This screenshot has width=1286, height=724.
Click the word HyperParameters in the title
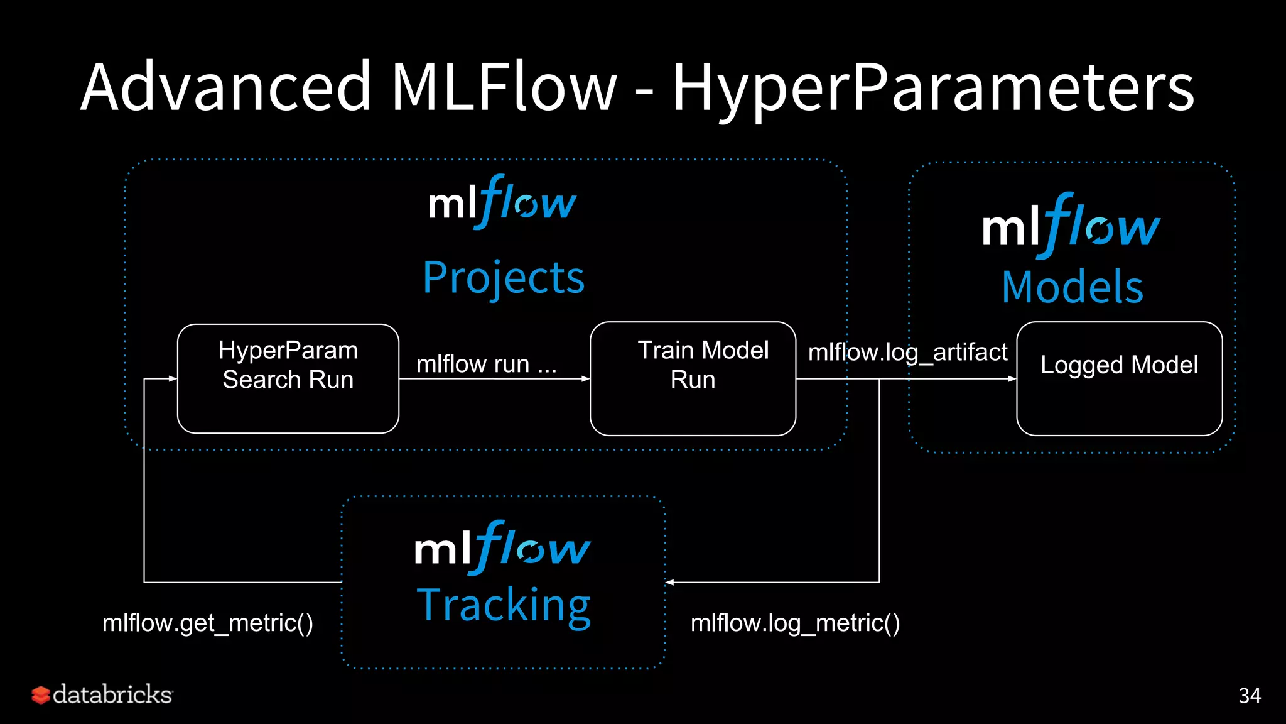(x=933, y=88)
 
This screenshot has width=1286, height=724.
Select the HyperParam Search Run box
(x=288, y=378)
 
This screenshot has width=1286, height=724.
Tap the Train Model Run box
(x=693, y=378)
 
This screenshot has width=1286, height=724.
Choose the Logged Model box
(x=1119, y=378)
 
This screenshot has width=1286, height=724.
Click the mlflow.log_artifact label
(x=907, y=353)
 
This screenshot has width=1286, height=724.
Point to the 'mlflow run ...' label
(x=487, y=364)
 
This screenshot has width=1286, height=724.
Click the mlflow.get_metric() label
(x=208, y=623)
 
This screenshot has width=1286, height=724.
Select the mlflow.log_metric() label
(x=795, y=623)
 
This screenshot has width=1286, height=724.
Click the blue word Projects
(x=504, y=278)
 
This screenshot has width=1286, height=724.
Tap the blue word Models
(x=1073, y=287)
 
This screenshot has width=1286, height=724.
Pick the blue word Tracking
(x=504, y=605)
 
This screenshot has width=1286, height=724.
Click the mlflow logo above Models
(x=1071, y=226)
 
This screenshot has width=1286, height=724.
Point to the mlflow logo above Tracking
(x=502, y=548)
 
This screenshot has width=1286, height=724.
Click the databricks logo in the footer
(x=102, y=694)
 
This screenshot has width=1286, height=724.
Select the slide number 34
(x=1249, y=696)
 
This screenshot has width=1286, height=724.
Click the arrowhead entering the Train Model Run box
(x=585, y=379)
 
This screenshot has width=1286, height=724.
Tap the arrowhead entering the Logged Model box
(x=1012, y=379)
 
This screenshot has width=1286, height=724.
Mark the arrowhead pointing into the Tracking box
(x=670, y=583)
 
